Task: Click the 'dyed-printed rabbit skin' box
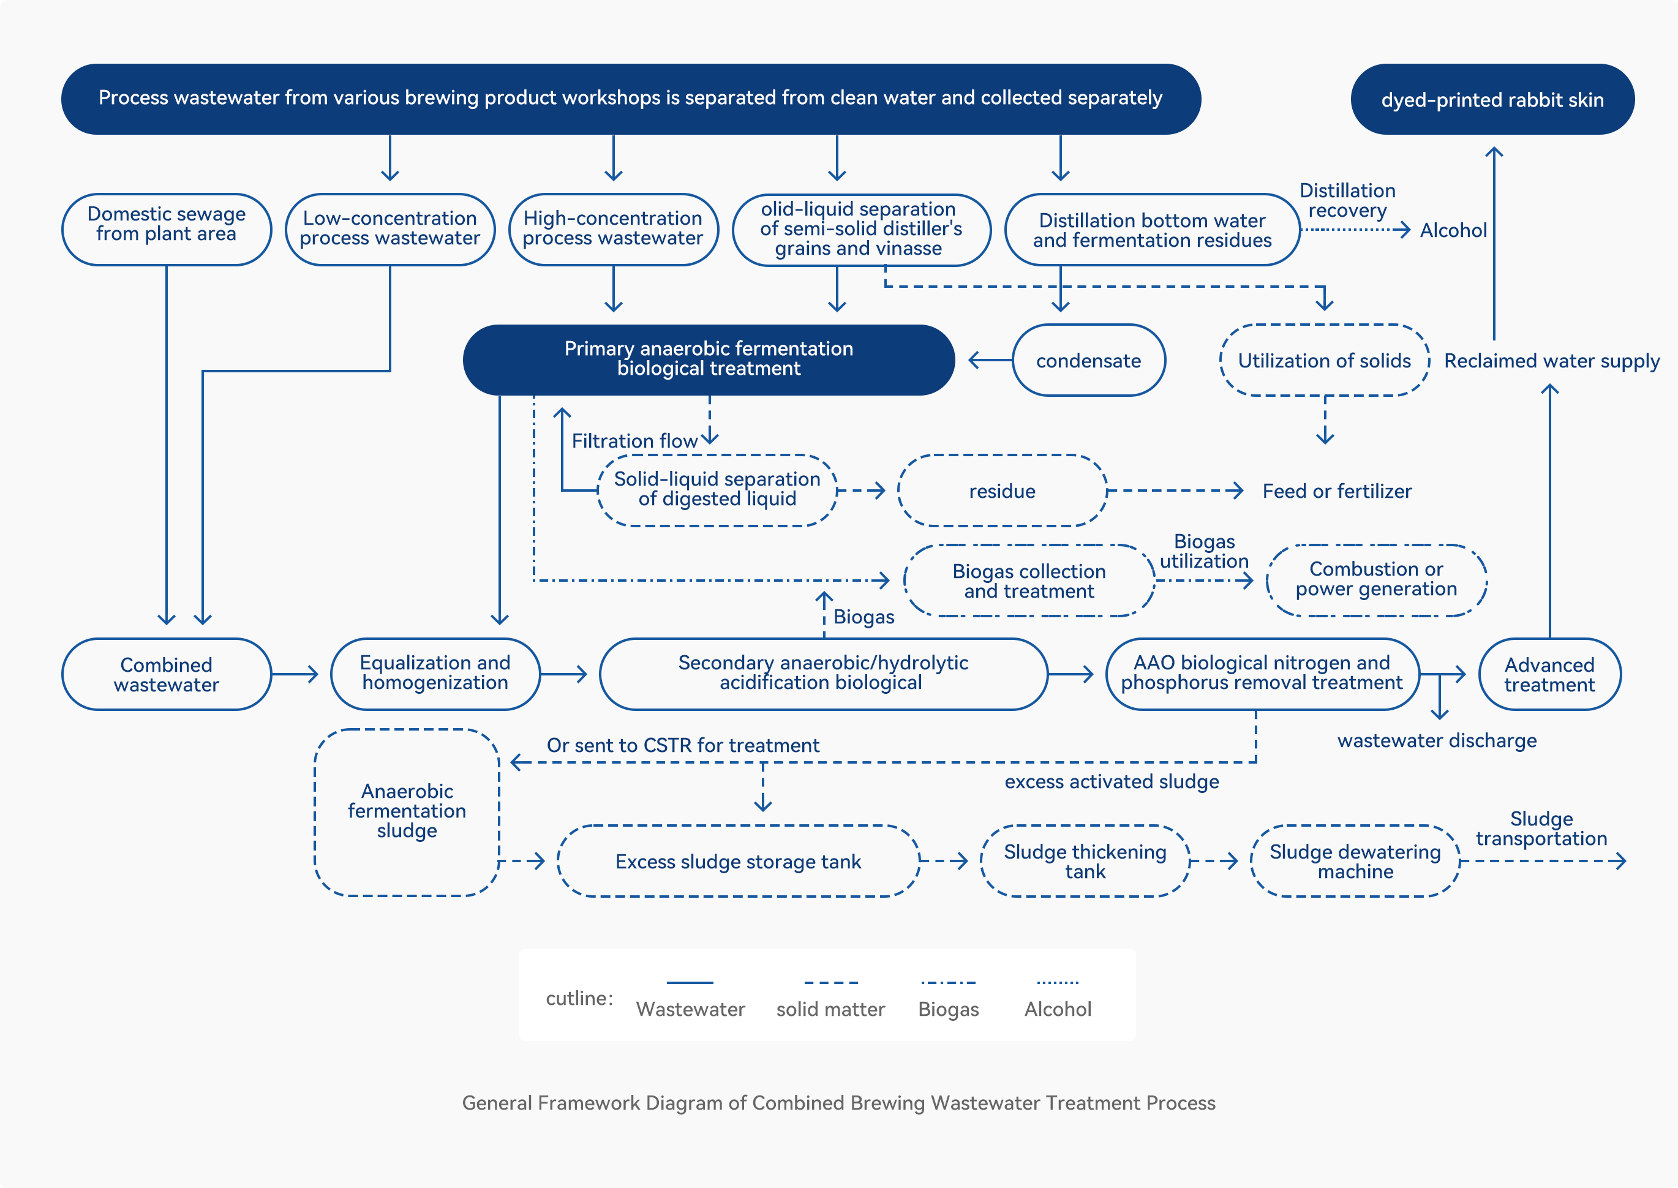(x=1492, y=99)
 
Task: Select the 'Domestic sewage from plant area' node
(x=167, y=229)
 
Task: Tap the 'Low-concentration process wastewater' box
(x=390, y=229)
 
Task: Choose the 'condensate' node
(x=1088, y=360)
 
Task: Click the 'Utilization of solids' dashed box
(x=1325, y=360)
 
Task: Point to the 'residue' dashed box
(x=1002, y=491)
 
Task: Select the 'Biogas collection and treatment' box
(x=1029, y=581)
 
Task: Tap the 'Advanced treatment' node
(x=1549, y=674)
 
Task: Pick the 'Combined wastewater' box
(x=167, y=674)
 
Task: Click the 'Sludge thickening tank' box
(x=1085, y=861)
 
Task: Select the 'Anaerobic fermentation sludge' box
(x=407, y=812)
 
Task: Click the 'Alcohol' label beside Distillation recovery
(x=1453, y=230)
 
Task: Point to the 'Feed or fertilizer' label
(x=1337, y=491)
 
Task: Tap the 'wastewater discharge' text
(x=1437, y=740)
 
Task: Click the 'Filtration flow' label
(x=634, y=441)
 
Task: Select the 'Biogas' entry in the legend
(x=948, y=999)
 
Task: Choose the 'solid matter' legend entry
(x=830, y=999)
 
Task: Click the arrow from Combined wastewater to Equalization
(x=295, y=674)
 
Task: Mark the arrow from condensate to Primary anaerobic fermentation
(x=990, y=360)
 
